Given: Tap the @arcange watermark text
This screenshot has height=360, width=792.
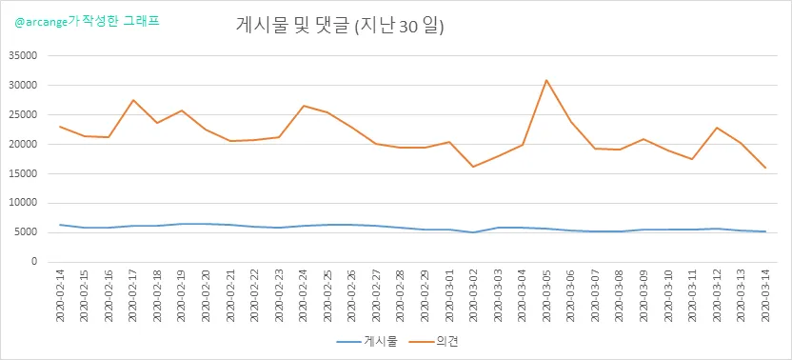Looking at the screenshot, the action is click(88, 22).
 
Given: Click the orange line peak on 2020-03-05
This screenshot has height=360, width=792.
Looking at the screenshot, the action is click(546, 80).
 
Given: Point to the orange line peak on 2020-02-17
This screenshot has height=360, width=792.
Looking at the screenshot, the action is click(133, 100).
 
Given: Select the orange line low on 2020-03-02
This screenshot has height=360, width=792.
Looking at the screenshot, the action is click(473, 167).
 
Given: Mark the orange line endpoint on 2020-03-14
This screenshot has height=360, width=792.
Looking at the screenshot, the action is click(765, 168).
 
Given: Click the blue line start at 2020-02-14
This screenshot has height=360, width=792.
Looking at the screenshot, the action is click(60, 225).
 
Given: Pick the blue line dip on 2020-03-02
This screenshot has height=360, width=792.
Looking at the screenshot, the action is click(473, 232).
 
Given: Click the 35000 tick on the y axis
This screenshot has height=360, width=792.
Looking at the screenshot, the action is click(24, 55).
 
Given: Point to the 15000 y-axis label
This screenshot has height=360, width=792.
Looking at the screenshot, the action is click(24, 173).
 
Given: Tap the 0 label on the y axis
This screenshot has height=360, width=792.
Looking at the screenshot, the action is click(35, 262).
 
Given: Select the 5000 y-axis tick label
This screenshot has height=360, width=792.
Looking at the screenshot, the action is click(27, 232).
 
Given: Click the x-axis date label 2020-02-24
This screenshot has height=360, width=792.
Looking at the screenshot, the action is click(304, 295).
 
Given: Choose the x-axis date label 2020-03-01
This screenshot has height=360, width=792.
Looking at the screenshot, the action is click(449, 295).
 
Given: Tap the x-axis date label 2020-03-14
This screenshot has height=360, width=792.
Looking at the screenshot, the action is click(765, 295).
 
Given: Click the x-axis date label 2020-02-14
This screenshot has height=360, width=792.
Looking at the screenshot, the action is click(60, 295).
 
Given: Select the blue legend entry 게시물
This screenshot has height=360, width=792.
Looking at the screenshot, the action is click(367, 342).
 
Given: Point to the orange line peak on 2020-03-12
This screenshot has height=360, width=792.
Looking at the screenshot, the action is click(717, 128).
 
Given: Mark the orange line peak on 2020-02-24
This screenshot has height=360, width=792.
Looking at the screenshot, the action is click(304, 106).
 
